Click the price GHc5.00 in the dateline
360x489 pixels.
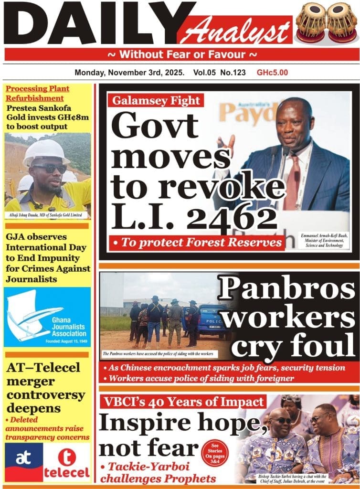pyautogui.click(x=272, y=73)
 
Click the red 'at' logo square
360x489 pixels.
pyautogui.click(x=23, y=461)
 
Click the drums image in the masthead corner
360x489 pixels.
pyautogui.click(x=326, y=21)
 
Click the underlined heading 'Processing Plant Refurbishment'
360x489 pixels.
pyautogui.click(x=38, y=93)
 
